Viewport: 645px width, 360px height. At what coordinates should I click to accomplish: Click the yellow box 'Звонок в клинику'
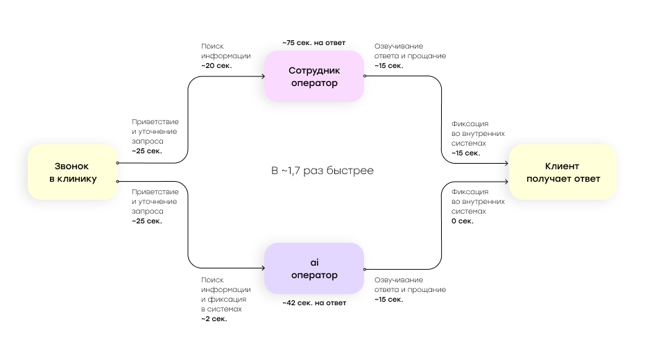click(73, 172)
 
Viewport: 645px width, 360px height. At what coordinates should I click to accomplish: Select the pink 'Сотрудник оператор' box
click(314, 76)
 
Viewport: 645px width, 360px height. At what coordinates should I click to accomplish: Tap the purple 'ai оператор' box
click(314, 268)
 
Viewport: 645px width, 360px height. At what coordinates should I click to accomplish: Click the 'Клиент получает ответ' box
click(562, 172)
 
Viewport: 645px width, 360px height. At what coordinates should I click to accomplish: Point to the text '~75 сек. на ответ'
click(314, 43)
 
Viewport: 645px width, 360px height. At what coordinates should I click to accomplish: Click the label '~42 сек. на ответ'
click(314, 303)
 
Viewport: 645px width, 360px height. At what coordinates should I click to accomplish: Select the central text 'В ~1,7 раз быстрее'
click(322, 171)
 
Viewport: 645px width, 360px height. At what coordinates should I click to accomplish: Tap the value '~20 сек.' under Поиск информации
click(216, 66)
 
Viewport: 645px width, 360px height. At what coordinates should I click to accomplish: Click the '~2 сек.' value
click(214, 319)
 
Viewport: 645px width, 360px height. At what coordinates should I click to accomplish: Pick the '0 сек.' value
click(463, 221)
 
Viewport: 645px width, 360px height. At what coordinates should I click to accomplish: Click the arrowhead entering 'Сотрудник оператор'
click(263, 76)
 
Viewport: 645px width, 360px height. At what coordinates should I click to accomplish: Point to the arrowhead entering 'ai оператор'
click(263, 268)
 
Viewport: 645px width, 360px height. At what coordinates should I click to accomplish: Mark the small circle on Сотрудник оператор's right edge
click(365, 76)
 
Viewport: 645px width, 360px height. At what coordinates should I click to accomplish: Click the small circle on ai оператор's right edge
click(365, 270)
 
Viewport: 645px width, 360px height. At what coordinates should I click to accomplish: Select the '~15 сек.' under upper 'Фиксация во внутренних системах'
click(465, 153)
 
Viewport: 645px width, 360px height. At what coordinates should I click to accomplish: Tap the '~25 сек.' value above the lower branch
click(147, 221)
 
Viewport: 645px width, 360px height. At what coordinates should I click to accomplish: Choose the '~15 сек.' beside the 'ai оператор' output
click(388, 300)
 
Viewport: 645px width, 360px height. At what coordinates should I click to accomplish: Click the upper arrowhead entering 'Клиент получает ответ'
click(506, 163)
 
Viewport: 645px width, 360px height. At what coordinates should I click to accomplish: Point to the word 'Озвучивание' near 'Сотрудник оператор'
click(399, 46)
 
